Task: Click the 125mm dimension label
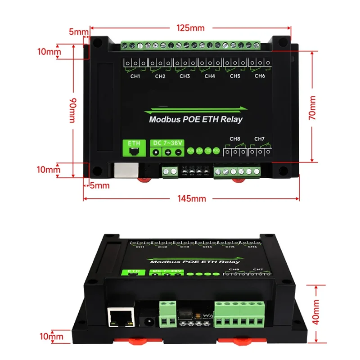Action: click(x=190, y=28)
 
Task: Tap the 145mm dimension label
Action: click(x=190, y=198)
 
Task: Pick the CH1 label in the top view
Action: click(x=135, y=76)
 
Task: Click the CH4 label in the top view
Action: click(x=209, y=76)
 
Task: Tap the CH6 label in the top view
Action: click(x=260, y=76)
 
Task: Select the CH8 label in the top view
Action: click(x=235, y=139)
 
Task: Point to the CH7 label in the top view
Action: click(x=260, y=139)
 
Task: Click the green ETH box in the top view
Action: click(x=135, y=148)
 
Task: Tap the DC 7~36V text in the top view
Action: click(x=168, y=143)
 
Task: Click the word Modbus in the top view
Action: click(x=165, y=120)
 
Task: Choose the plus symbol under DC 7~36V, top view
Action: click(x=168, y=153)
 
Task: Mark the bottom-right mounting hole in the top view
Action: click(x=283, y=171)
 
